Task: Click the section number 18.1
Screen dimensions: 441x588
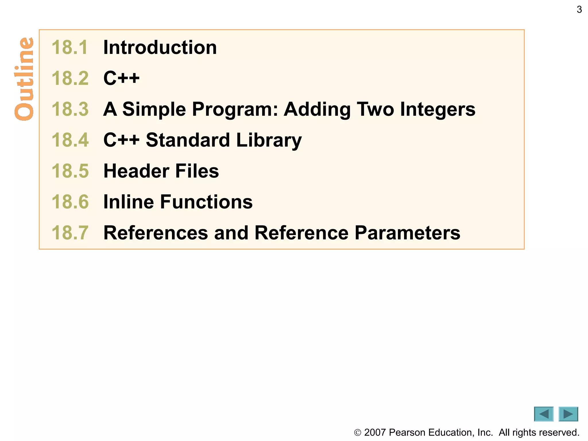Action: (x=70, y=47)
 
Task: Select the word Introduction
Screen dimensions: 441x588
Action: (x=160, y=47)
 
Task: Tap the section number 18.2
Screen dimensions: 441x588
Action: (x=70, y=78)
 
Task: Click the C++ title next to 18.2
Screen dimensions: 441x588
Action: (x=121, y=78)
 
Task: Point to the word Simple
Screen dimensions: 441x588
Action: (x=154, y=109)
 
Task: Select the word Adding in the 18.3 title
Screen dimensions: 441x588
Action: (x=317, y=109)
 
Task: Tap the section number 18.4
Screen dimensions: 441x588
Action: (x=70, y=140)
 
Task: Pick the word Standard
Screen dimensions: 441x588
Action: (x=188, y=140)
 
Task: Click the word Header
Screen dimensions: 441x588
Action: (x=136, y=171)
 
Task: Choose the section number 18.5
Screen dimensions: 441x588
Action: (x=70, y=171)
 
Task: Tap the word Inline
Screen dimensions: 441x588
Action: (x=128, y=202)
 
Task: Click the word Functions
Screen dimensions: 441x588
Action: (x=206, y=202)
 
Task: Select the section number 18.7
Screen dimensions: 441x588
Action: (x=70, y=233)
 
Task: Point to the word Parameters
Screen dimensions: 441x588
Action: (x=407, y=233)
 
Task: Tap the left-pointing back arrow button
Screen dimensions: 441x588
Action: (x=543, y=414)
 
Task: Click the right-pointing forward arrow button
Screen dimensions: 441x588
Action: (x=568, y=414)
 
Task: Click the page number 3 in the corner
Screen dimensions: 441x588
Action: (x=579, y=10)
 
